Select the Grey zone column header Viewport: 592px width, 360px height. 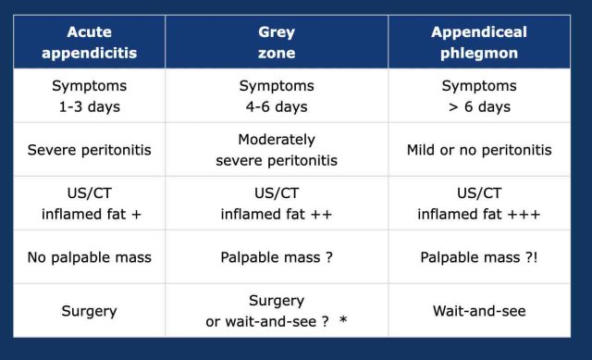point(276,43)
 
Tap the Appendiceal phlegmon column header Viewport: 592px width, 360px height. point(479,43)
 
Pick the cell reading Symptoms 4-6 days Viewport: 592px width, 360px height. point(276,96)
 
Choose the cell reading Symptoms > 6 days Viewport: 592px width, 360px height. point(479,96)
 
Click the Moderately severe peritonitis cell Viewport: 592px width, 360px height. point(276,150)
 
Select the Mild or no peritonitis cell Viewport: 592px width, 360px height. point(479,150)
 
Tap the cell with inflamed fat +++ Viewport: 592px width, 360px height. point(479,204)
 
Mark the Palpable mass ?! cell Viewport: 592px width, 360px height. point(479,257)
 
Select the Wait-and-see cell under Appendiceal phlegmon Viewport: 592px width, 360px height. point(479,311)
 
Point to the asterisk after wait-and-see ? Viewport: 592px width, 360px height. point(344,320)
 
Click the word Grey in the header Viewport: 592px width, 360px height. point(276,32)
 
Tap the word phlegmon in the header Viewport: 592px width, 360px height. point(479,53)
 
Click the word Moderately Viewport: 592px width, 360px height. point(276,140)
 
